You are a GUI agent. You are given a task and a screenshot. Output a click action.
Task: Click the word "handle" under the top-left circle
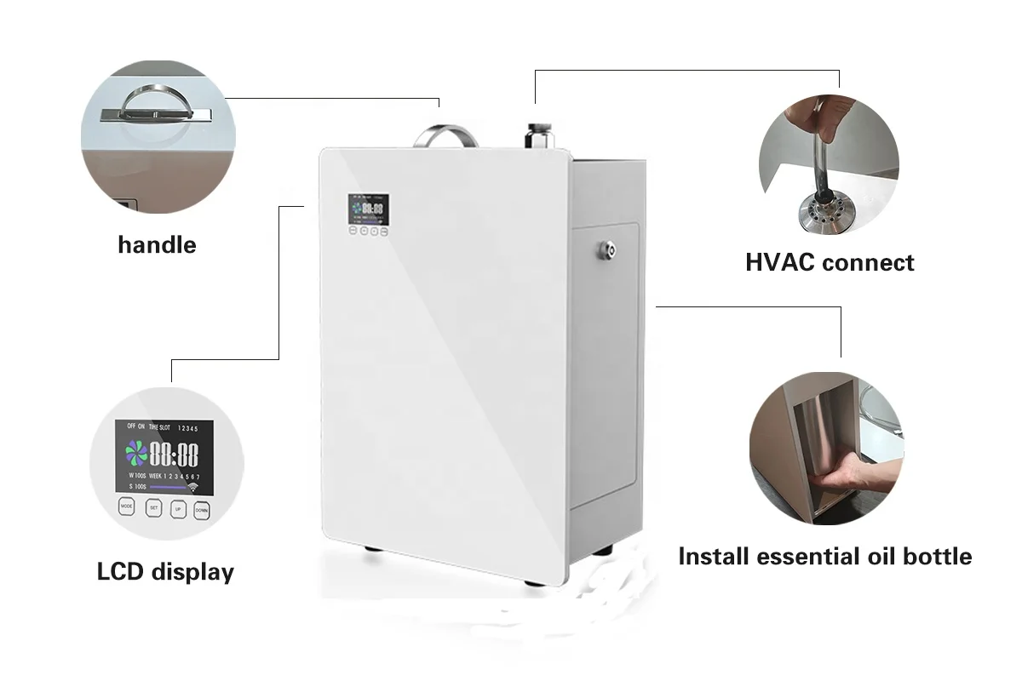pyautogui.click(x=157, y=245)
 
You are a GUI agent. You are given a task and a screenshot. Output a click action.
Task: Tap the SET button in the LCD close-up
pyautogui.click(x=153, y=508)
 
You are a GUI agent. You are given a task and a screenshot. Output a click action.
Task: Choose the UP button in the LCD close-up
pyautogui.click(x=177, y=509)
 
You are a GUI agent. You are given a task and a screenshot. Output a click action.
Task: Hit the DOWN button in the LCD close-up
pyautogui.click(x=201, y=509)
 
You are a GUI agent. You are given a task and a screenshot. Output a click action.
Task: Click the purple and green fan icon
pyautogui.click(x=136, y=453)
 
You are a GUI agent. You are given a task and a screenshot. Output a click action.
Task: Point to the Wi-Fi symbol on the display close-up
pyautogui.click(x=192, y=489)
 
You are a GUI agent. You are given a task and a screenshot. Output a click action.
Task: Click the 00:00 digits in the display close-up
pyautogui.click(x=174, y=454)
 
